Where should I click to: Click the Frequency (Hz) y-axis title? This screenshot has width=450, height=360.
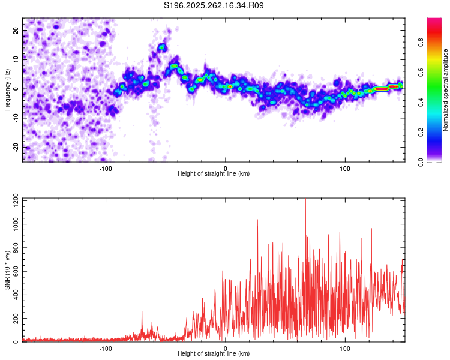[x=7, y=89]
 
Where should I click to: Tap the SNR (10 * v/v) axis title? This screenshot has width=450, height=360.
[x=7, y=270]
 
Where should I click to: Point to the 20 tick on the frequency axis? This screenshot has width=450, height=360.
[x=16, y=29]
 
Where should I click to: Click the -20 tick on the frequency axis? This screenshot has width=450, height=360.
[x=15, y=147]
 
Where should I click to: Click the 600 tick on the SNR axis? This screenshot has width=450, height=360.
[x=14, y=271]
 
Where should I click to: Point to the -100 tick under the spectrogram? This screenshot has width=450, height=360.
[x=106, y=169]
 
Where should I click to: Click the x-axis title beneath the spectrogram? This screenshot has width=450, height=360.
[x=214, y=174]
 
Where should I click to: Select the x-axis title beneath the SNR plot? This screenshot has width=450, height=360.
[x=214, y=354]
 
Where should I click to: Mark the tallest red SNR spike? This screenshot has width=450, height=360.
[x=305, y=201]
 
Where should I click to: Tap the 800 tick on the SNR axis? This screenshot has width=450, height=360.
[x=14, y=247]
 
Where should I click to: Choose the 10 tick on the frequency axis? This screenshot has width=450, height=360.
[x=16, y=59]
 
